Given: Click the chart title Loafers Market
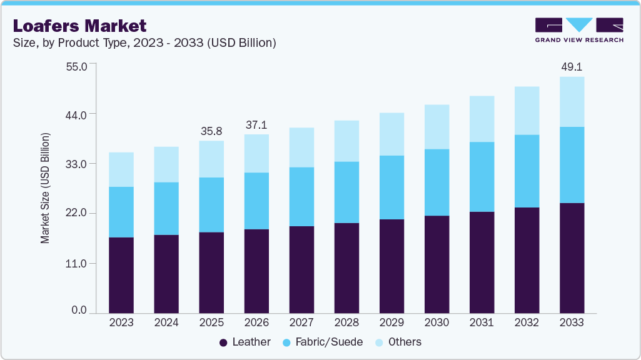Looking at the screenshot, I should click(79, 26).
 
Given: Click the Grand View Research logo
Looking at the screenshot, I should click(579, 30).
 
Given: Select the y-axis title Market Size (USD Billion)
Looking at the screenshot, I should click(45, 188).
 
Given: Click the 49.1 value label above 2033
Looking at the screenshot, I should click(571, 66).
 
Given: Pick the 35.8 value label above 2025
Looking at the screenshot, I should click(211, 131).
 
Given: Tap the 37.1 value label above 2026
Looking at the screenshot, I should click(256, 125).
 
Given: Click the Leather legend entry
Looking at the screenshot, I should click(245, 342).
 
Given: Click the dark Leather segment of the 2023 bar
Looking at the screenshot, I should click(121, 275).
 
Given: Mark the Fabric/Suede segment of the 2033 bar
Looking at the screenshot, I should click(572, 165).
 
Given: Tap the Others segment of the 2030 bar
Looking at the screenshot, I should click(437, 127).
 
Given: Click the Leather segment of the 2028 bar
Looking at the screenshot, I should click(346, 267).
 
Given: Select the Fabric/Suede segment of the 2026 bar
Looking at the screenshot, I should click(256, 201).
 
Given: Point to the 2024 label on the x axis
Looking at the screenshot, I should click(166, 323).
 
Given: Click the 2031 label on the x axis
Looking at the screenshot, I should click(482, 323).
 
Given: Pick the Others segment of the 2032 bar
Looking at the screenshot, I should click(527, 111).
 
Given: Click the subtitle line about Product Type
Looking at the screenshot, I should click(144, 43).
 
